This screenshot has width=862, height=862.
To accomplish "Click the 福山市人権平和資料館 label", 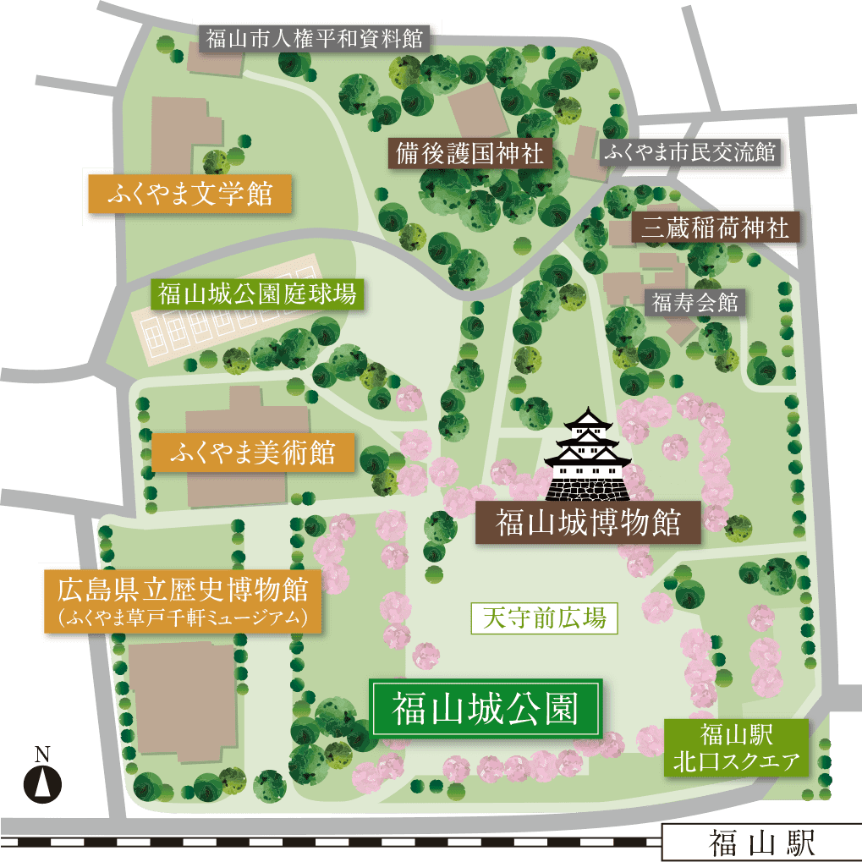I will (x=314, y=38).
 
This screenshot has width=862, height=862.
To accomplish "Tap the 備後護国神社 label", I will (x=470, y=154).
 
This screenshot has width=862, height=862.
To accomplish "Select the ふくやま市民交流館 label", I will (x=689, y=153).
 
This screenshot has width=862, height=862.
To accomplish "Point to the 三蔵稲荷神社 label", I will (x=715, y=227).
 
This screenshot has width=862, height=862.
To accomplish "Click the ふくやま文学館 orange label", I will (x=189, y=193).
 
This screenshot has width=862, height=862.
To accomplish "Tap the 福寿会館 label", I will (x=695, y=301).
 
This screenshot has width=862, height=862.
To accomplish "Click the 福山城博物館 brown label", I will (x=588, y=522).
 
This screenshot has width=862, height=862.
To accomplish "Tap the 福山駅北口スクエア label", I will (x=736, y=747).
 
